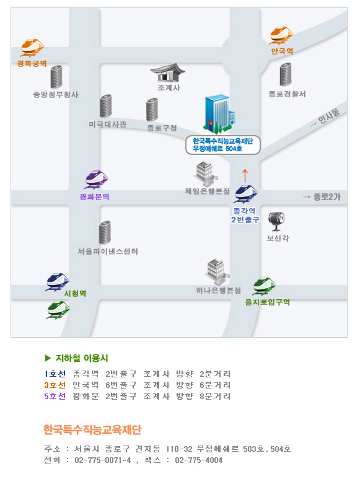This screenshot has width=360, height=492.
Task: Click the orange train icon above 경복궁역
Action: [x=32, y=48]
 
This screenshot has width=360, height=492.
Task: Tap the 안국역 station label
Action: [x=282, y=51]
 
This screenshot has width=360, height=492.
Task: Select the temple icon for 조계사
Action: [x=167, y=72]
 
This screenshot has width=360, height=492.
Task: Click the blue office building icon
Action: [x=220, y=113]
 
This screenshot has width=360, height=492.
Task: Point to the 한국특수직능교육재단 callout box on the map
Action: [x=223, y=145]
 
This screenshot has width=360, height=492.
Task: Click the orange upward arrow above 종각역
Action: [x=245, y=176]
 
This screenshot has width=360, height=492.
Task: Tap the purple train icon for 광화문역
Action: [x=97, y=180]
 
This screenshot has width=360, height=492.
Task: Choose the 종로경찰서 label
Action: [x=287, y=94]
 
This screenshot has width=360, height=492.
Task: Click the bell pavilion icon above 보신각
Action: [x=276, y=221]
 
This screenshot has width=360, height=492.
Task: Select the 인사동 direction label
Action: [x=326, y=118]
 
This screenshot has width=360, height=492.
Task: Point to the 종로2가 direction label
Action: [x=322, y=197]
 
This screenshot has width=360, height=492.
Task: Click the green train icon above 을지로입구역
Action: [x=265, y=286]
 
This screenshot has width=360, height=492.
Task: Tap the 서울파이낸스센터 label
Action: [x=108, y=252]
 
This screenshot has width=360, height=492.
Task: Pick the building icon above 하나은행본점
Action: [x=217, y=272]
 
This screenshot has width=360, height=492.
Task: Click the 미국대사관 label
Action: [x=108, y=125]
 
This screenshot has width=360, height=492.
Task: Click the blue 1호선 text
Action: [x=55, y=374]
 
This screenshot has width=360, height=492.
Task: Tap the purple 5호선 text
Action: [x=55, y=396]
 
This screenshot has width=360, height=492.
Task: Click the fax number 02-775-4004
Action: [x=199, y=460]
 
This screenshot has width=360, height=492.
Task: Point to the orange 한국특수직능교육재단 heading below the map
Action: [x=92, y=429]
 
